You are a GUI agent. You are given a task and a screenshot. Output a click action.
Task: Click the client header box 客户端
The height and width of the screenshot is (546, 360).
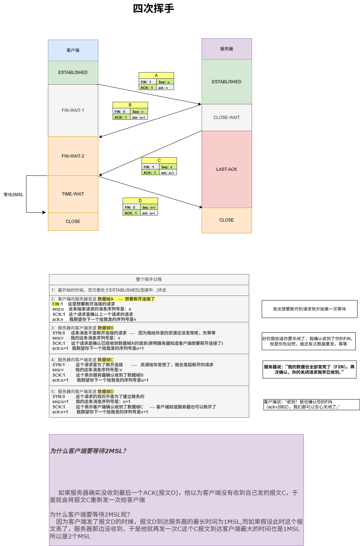73,50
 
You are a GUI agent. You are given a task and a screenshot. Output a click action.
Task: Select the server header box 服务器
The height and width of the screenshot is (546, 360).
227,49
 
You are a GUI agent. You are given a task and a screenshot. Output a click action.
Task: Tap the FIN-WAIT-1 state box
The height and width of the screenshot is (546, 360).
73,110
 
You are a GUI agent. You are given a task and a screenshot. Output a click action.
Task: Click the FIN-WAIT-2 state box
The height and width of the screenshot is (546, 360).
73,156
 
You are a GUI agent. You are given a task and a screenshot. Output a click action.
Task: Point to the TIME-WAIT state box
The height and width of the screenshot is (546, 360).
73,194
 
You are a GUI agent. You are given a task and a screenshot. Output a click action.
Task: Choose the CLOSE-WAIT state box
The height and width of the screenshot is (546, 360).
227,118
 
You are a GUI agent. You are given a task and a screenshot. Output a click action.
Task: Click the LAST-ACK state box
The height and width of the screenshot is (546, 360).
227,169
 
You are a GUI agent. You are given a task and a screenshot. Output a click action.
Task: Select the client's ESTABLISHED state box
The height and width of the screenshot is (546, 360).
73,73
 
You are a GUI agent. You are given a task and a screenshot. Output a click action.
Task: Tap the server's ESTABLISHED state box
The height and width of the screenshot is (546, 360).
227,82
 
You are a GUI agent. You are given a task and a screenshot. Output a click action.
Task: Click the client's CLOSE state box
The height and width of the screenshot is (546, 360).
73,222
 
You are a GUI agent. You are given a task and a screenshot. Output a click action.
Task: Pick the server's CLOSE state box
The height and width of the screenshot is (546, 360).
227,220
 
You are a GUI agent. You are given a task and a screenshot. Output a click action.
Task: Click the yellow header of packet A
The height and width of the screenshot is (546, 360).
156,75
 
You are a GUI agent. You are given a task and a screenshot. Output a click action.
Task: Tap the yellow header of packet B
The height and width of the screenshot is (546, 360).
130,105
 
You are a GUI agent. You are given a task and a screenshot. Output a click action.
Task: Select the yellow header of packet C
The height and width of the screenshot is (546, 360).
159,160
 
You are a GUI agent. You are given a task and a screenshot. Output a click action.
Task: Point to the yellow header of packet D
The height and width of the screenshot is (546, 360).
140,201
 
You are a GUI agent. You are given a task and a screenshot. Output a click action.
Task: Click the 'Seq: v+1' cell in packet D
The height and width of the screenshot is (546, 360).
149,207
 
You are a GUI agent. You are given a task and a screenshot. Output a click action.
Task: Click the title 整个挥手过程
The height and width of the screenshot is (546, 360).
149,279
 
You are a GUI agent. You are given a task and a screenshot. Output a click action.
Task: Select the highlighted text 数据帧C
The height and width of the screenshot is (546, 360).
105,360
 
